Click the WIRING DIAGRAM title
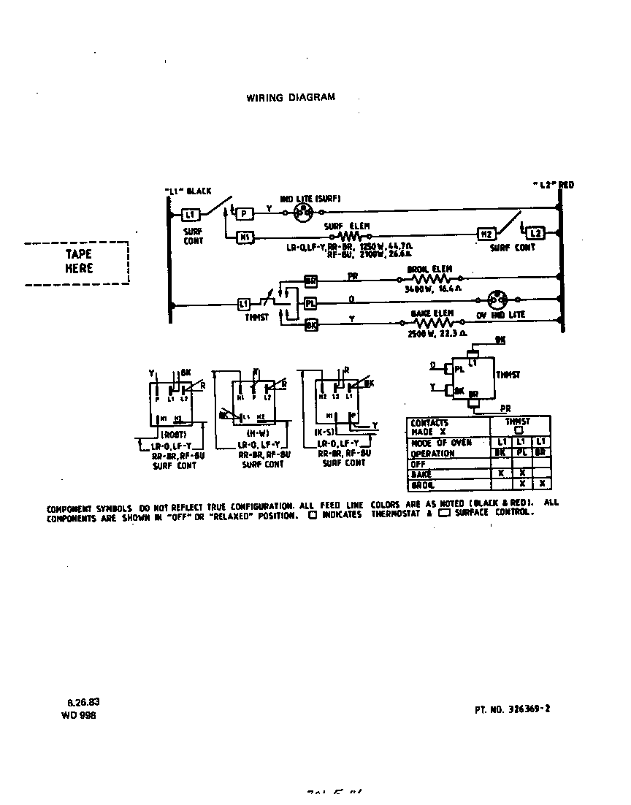tap(291, 97)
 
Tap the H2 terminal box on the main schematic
tap(486, 234)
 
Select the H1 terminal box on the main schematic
tap(245, 236)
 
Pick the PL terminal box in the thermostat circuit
tap(311, 302)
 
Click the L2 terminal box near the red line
tap(535, 233)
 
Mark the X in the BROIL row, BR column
tap(541, 484)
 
